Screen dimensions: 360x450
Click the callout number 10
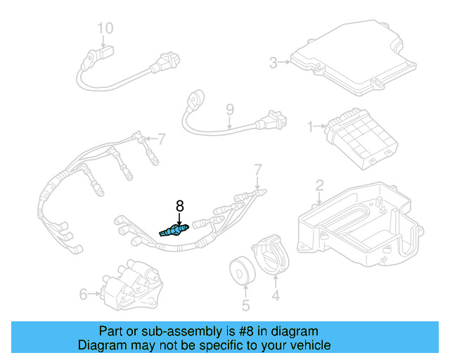tap(105, 28)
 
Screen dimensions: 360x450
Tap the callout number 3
tap(274, 63)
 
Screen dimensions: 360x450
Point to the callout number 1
tap(310, 127)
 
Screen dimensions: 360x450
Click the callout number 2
tap(319, 186)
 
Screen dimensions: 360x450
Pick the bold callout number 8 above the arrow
tap(179, 206)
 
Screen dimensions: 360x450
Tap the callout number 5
tap(245, 305)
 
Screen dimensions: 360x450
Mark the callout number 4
tap(275, 297)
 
